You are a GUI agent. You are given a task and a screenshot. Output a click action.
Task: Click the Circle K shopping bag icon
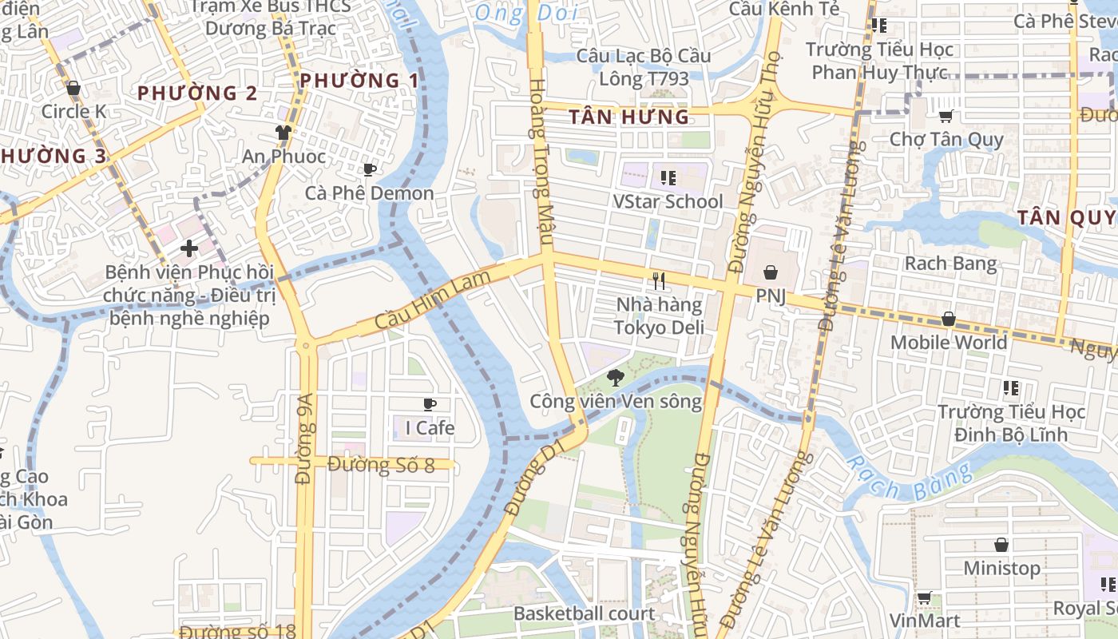(73, 88)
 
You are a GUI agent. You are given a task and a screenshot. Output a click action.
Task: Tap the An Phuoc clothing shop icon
(283, 133)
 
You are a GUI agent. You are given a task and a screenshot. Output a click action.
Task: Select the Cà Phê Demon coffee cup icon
(369, 169)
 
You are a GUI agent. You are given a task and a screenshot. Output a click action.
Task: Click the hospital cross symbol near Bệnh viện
(189, 248)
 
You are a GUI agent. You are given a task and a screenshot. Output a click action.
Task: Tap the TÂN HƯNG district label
(628, 117)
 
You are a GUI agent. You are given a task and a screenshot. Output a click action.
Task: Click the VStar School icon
(668, 177)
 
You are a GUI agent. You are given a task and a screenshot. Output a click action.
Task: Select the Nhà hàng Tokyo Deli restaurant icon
(659, 280)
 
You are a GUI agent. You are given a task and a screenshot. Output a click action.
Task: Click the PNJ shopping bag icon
(771, 273)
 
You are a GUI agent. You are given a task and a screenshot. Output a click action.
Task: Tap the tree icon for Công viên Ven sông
(615, 378)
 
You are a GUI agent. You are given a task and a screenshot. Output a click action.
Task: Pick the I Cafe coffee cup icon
(430, 405)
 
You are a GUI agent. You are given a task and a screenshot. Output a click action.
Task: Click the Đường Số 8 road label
(381, 465)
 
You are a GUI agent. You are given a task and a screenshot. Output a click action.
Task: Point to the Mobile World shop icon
(948, 319)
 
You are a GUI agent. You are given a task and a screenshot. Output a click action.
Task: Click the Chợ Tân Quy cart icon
(946, 117)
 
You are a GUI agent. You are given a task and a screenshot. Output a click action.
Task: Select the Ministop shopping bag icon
(1001, 545)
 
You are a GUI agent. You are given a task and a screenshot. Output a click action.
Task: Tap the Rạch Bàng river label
(908, 478)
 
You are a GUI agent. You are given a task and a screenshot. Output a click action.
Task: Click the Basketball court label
(584, 613)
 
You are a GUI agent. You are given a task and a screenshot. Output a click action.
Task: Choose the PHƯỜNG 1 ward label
(359, 81)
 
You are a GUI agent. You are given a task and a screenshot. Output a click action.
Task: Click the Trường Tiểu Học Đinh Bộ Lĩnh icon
(1011, 389)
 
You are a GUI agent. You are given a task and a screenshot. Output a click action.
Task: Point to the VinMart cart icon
(924, 597)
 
